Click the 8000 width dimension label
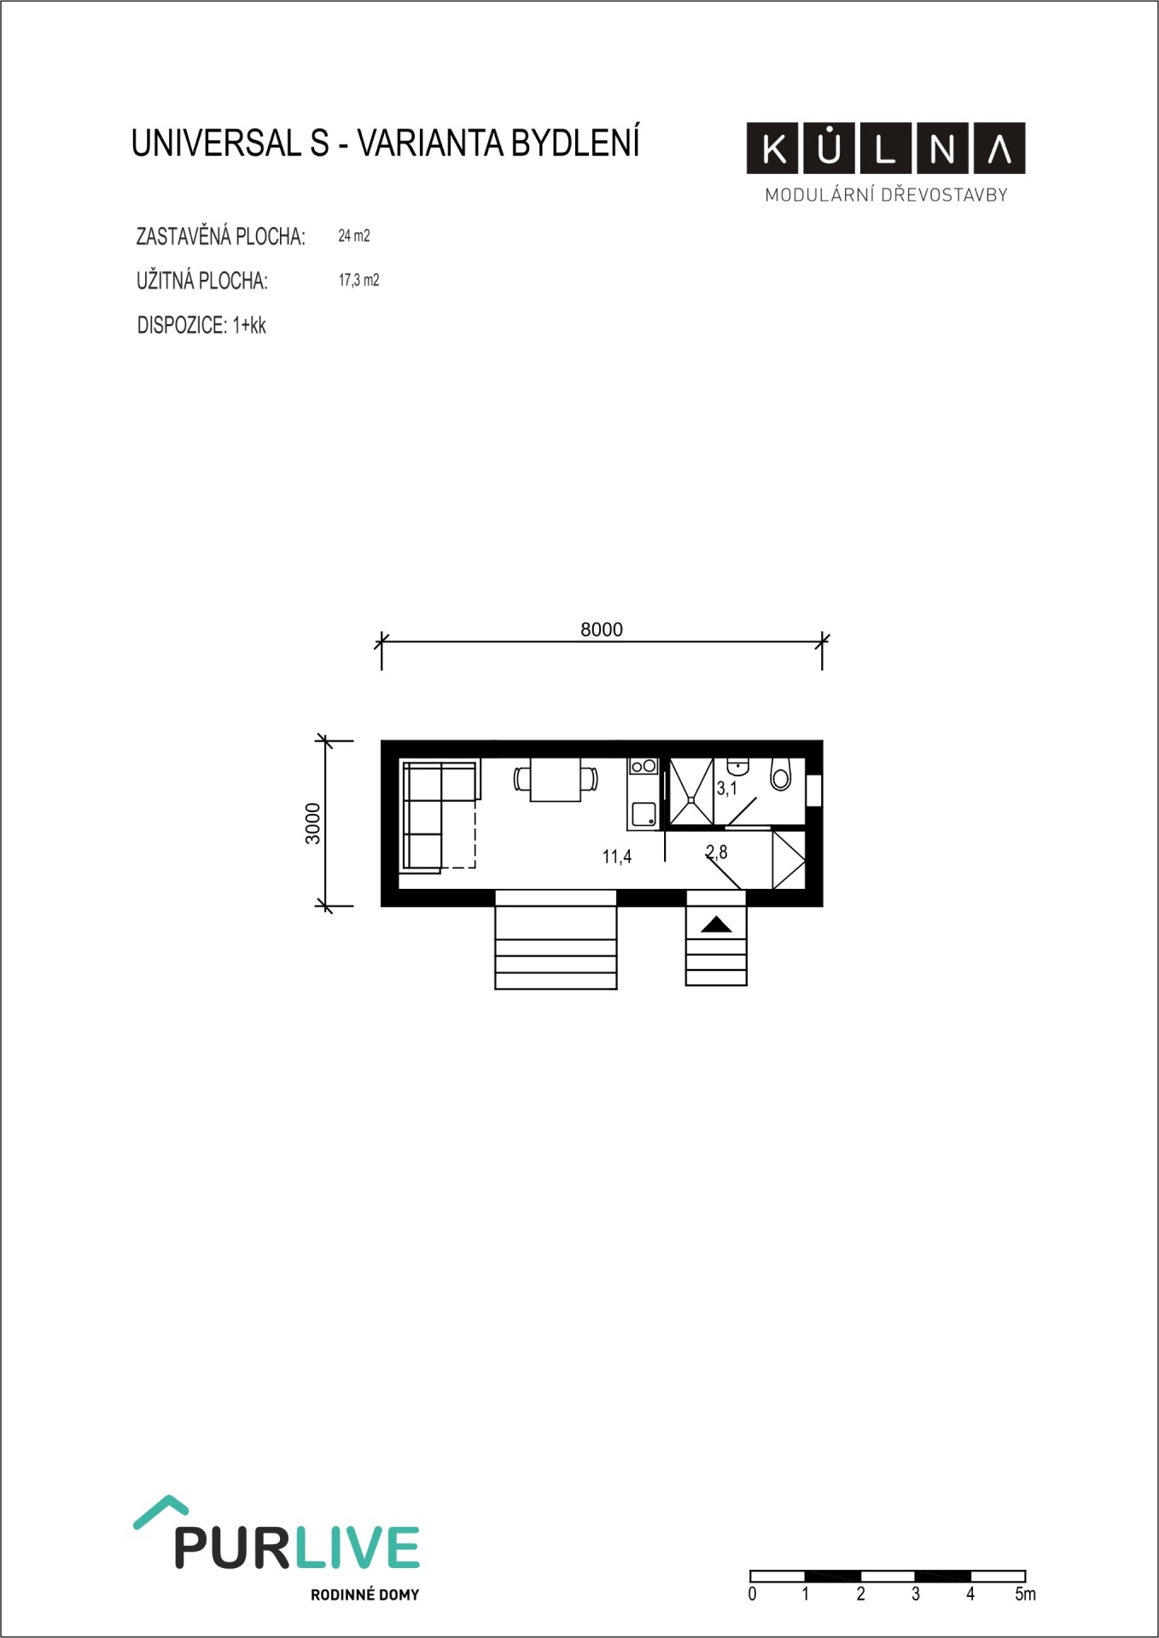point(602,630)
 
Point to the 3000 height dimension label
point(313,823)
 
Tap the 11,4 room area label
point(617,857)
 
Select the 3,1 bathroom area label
point(727,788)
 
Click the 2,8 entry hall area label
point(717,851)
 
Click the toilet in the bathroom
point(780,774)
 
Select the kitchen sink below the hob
point(644,814)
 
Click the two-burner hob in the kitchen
point(644,766)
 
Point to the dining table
point(556,779)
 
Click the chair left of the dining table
point(522,779)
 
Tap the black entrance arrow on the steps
point(716,924)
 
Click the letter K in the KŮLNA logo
point(775,149)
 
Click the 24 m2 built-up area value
point(354,235)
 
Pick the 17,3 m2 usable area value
point(359,280)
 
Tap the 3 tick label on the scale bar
point(916,1594)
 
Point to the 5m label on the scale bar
point(1026,1594)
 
